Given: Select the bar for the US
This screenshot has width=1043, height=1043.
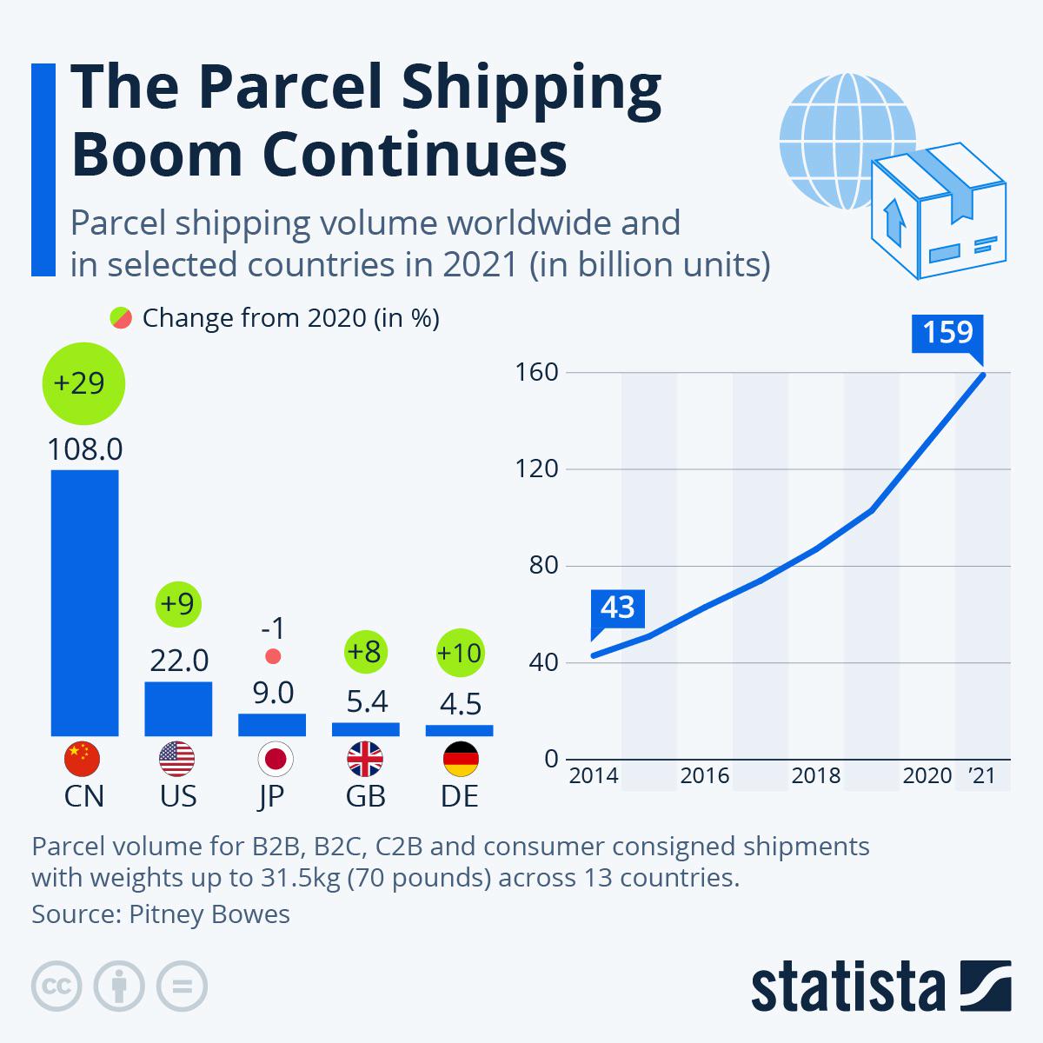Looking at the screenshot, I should (x=178, y=708).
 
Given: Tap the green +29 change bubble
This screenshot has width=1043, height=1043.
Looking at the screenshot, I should (x=83, y=383).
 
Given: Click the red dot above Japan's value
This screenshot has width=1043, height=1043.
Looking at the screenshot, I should (x=273, y=656).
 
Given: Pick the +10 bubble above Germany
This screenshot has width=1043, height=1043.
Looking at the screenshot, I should (x=459, y=653).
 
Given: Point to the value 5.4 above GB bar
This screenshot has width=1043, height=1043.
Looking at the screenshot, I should (x=365, y=701).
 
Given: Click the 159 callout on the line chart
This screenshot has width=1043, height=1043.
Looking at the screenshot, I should (x=947, y=333).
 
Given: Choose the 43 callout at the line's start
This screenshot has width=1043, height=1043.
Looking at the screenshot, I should (x=617, y=608).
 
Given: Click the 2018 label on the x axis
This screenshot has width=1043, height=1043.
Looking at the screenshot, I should (x=815, y=775).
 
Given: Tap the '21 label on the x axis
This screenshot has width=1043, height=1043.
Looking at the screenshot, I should (x=982, y=775).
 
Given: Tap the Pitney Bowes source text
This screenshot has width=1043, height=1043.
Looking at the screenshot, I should (x=209, y=913).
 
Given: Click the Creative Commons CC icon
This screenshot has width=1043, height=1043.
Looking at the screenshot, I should (x=56, y=986).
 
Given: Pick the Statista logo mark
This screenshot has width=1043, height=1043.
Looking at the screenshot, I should (x=986, y=986).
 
